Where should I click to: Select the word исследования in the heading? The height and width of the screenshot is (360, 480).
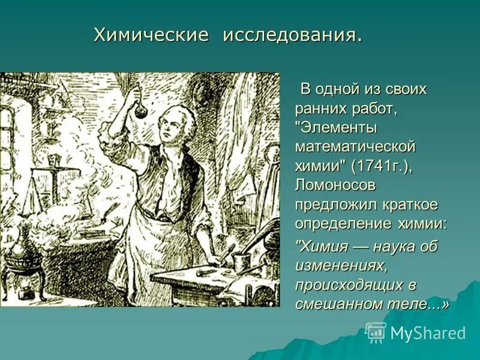(292, 35)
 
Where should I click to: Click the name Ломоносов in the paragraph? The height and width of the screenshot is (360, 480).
(335, 185)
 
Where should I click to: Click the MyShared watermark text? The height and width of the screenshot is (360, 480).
(428, 333)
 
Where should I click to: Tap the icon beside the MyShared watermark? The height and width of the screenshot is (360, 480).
(376, 332)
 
